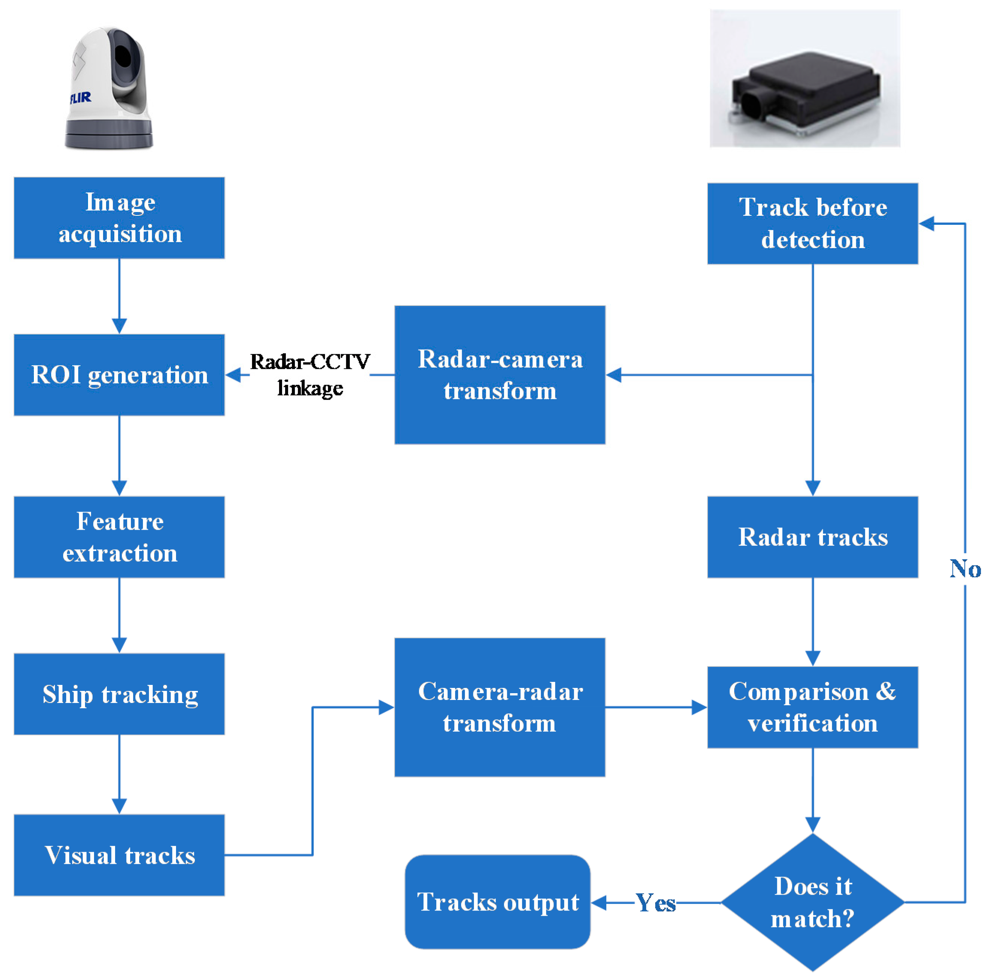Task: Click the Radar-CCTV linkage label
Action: (x=310, y=375)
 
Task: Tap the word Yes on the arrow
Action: (x=656, y=903)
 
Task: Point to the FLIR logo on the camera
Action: (x=80, y=97)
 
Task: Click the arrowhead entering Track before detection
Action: (x=926, y=224)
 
